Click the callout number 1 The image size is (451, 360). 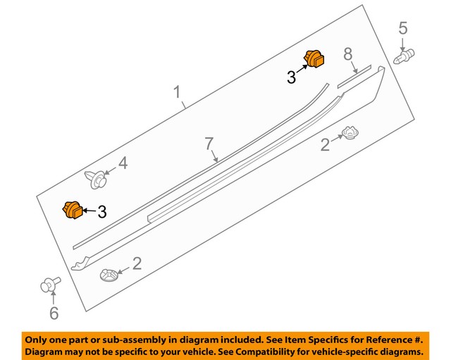pyautogui.click(x=177, y=92)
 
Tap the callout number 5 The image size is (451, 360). pyautogui.click(x=403, y=29)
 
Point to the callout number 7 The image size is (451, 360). pyautogui.click(x=209, y=144)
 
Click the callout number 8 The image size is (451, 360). pyautogui.click(x=347, y=54)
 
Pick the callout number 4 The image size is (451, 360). pyautogui.click(x=123, y=163)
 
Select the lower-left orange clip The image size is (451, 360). pyautogui.click(x=72, y=210)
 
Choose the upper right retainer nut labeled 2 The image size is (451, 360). pyautogui.click(x=350, y=132)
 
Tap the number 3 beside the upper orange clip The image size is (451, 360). pyautogui.click(x=291, y=77)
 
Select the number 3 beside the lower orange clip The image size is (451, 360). pyautogui.click(x=101, y=211)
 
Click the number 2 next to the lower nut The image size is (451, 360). pyautogui.click(x=137, y=264)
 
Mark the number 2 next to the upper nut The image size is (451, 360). pyautogui.click(x=325, y=145)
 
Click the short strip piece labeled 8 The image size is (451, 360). pyautogui.click(x=357, y=77)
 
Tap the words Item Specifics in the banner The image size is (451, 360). pyautogui.click(x=310, y=338)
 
